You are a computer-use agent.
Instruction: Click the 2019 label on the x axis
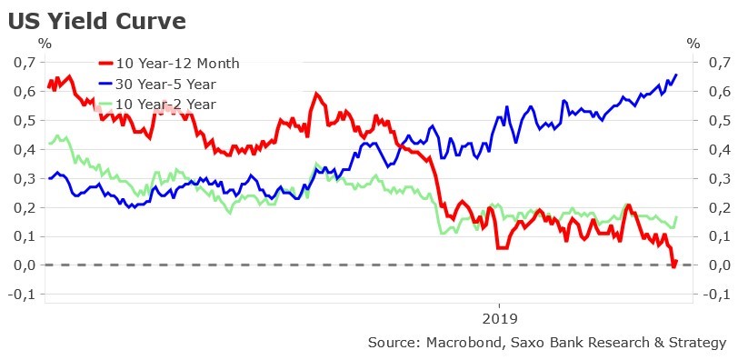(x=500, y=318)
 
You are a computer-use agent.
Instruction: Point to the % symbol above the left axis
(x=44, y=42)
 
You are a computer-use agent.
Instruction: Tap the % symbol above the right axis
(x=693, y=42)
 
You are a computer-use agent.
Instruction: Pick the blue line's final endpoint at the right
(x=676, y=75)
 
